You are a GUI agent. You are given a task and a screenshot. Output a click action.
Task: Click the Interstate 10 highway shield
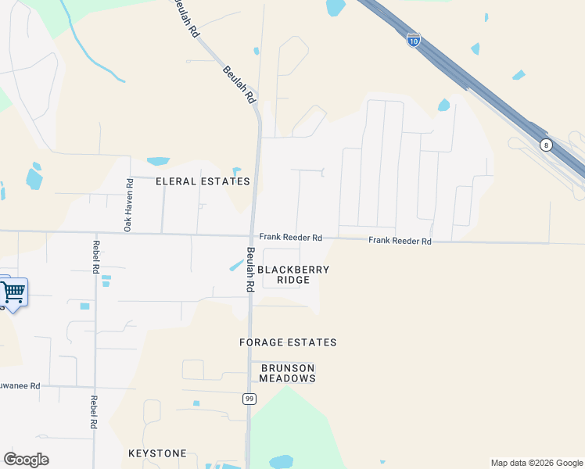point(414,40)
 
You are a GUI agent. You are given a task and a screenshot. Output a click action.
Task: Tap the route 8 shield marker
point(546,145)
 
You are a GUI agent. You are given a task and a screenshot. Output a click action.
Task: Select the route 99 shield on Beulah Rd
point(249,399)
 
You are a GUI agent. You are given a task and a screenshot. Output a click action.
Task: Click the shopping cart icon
point(13,293)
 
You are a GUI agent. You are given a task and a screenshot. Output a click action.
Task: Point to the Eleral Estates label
point(203,181)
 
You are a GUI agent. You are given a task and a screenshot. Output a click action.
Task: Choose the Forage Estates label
point(288,342)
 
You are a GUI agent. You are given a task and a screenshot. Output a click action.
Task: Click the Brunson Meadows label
point(288,373)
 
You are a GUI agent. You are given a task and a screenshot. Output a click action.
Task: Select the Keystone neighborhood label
point(157,453)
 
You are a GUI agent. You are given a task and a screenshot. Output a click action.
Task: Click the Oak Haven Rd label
point(129,204)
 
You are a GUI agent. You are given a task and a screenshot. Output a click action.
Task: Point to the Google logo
point(26,460)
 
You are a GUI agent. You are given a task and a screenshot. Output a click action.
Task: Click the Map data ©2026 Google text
point(537,463)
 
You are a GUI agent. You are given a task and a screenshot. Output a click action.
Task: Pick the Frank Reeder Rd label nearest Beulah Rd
point(291,238)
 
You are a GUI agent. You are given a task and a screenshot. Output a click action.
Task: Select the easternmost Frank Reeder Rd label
point(400,242)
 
